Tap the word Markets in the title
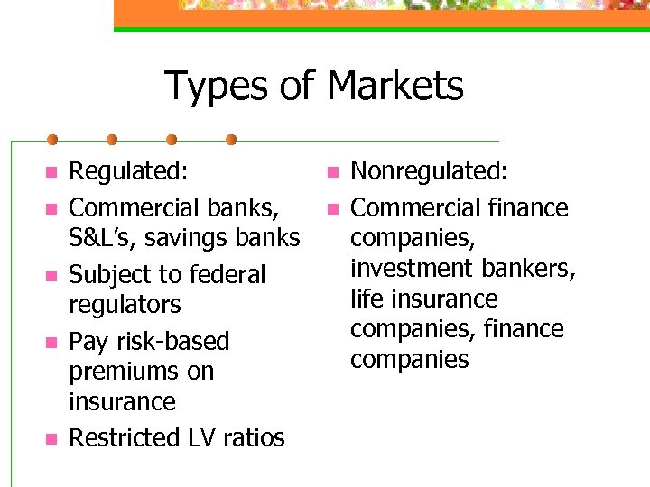[x=395, y=87]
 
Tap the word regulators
[x=125, y=305]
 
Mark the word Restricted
[x=124, y=438]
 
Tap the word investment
[x=409, y=269]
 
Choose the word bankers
[x=527, y=269]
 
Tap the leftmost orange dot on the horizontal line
[x=52, y=140]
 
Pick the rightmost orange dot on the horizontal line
[x=231, y=140]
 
